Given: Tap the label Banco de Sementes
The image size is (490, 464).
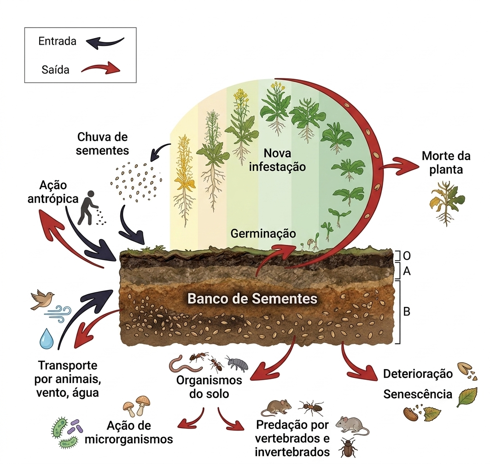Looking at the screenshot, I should pos(252,299).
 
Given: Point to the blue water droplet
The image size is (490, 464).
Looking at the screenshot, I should pos(46,339).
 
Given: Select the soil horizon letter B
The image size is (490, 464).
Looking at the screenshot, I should pos(407,312).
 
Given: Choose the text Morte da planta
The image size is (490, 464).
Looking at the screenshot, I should pos(446,162).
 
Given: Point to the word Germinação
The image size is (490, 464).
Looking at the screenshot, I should pos(263,233).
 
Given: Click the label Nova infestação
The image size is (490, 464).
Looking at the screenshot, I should pos(277,160).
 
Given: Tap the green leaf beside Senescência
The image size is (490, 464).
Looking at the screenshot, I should pos(467,397).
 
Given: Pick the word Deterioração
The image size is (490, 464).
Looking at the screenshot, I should pos(418,374).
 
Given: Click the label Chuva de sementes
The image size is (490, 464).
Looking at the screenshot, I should pos(102,144).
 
